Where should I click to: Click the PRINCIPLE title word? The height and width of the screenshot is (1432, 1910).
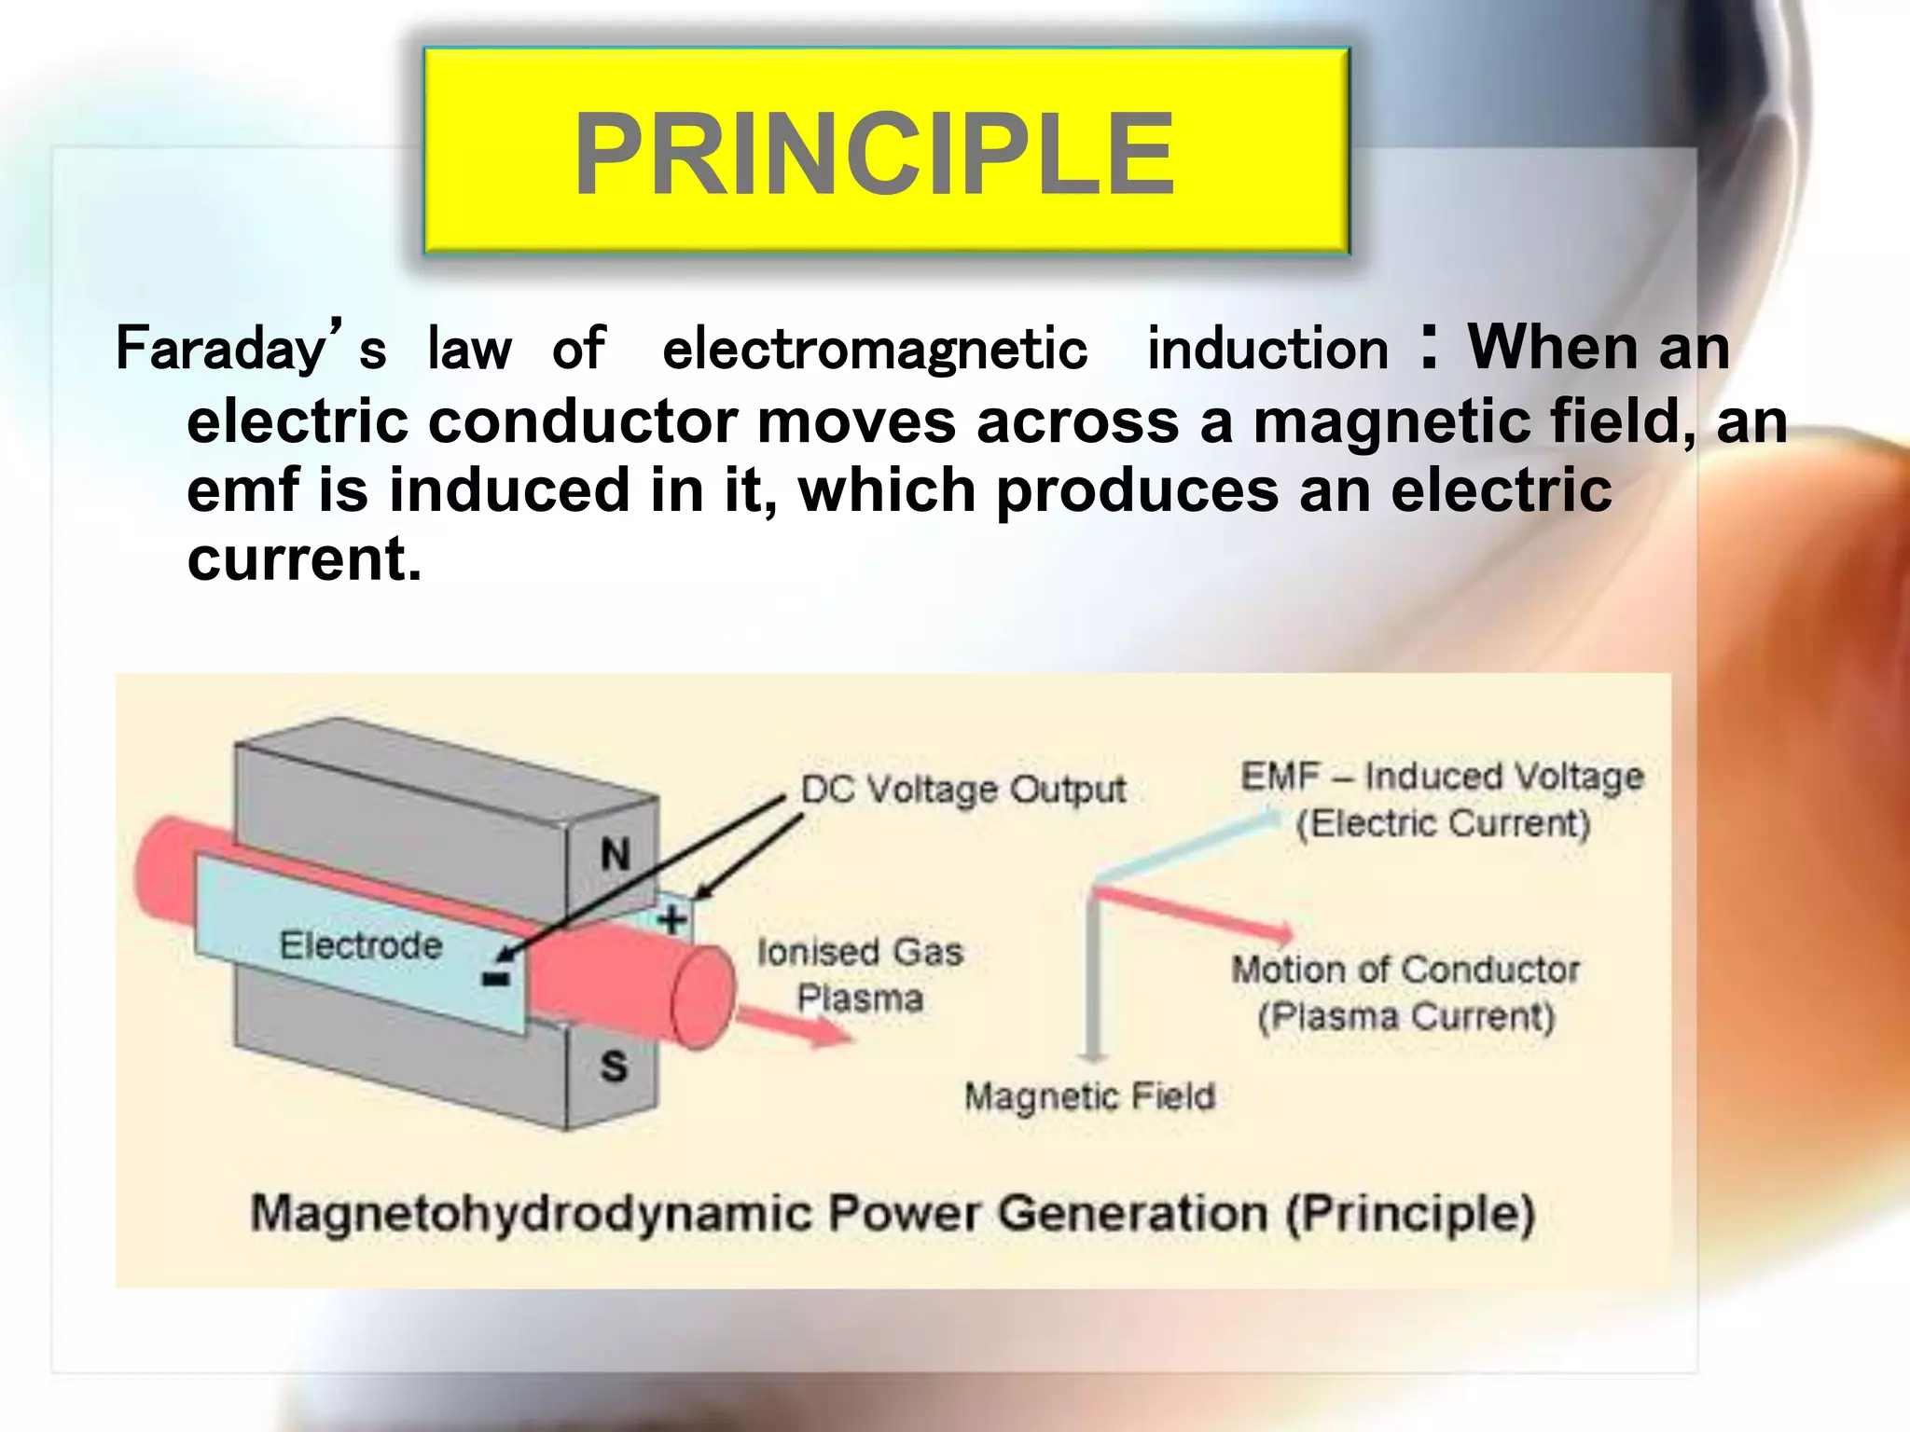874,154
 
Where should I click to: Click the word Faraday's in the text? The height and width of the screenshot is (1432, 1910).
250,349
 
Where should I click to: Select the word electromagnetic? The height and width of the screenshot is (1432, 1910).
875,349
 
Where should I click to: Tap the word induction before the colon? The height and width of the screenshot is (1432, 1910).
1267,349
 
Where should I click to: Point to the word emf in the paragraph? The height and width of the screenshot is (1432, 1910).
242,490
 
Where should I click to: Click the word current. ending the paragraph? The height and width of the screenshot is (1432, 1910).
304,559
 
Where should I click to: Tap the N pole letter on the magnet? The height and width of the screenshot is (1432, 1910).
616,854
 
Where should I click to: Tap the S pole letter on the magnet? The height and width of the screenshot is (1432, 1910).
614,1066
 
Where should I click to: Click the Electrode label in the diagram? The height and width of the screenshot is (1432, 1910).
361,945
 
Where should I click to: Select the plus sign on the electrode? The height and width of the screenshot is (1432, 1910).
672,921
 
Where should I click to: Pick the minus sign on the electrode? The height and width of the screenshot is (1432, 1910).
496,977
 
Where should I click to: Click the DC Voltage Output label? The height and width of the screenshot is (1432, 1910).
963,790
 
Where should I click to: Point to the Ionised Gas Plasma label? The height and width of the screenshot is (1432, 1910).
859,974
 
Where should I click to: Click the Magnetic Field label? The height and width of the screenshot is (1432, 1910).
1089,1096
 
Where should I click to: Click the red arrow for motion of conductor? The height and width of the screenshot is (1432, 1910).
1194,913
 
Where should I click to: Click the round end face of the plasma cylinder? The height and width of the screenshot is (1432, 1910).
702,997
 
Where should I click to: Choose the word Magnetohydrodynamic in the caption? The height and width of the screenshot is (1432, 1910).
531,1214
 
